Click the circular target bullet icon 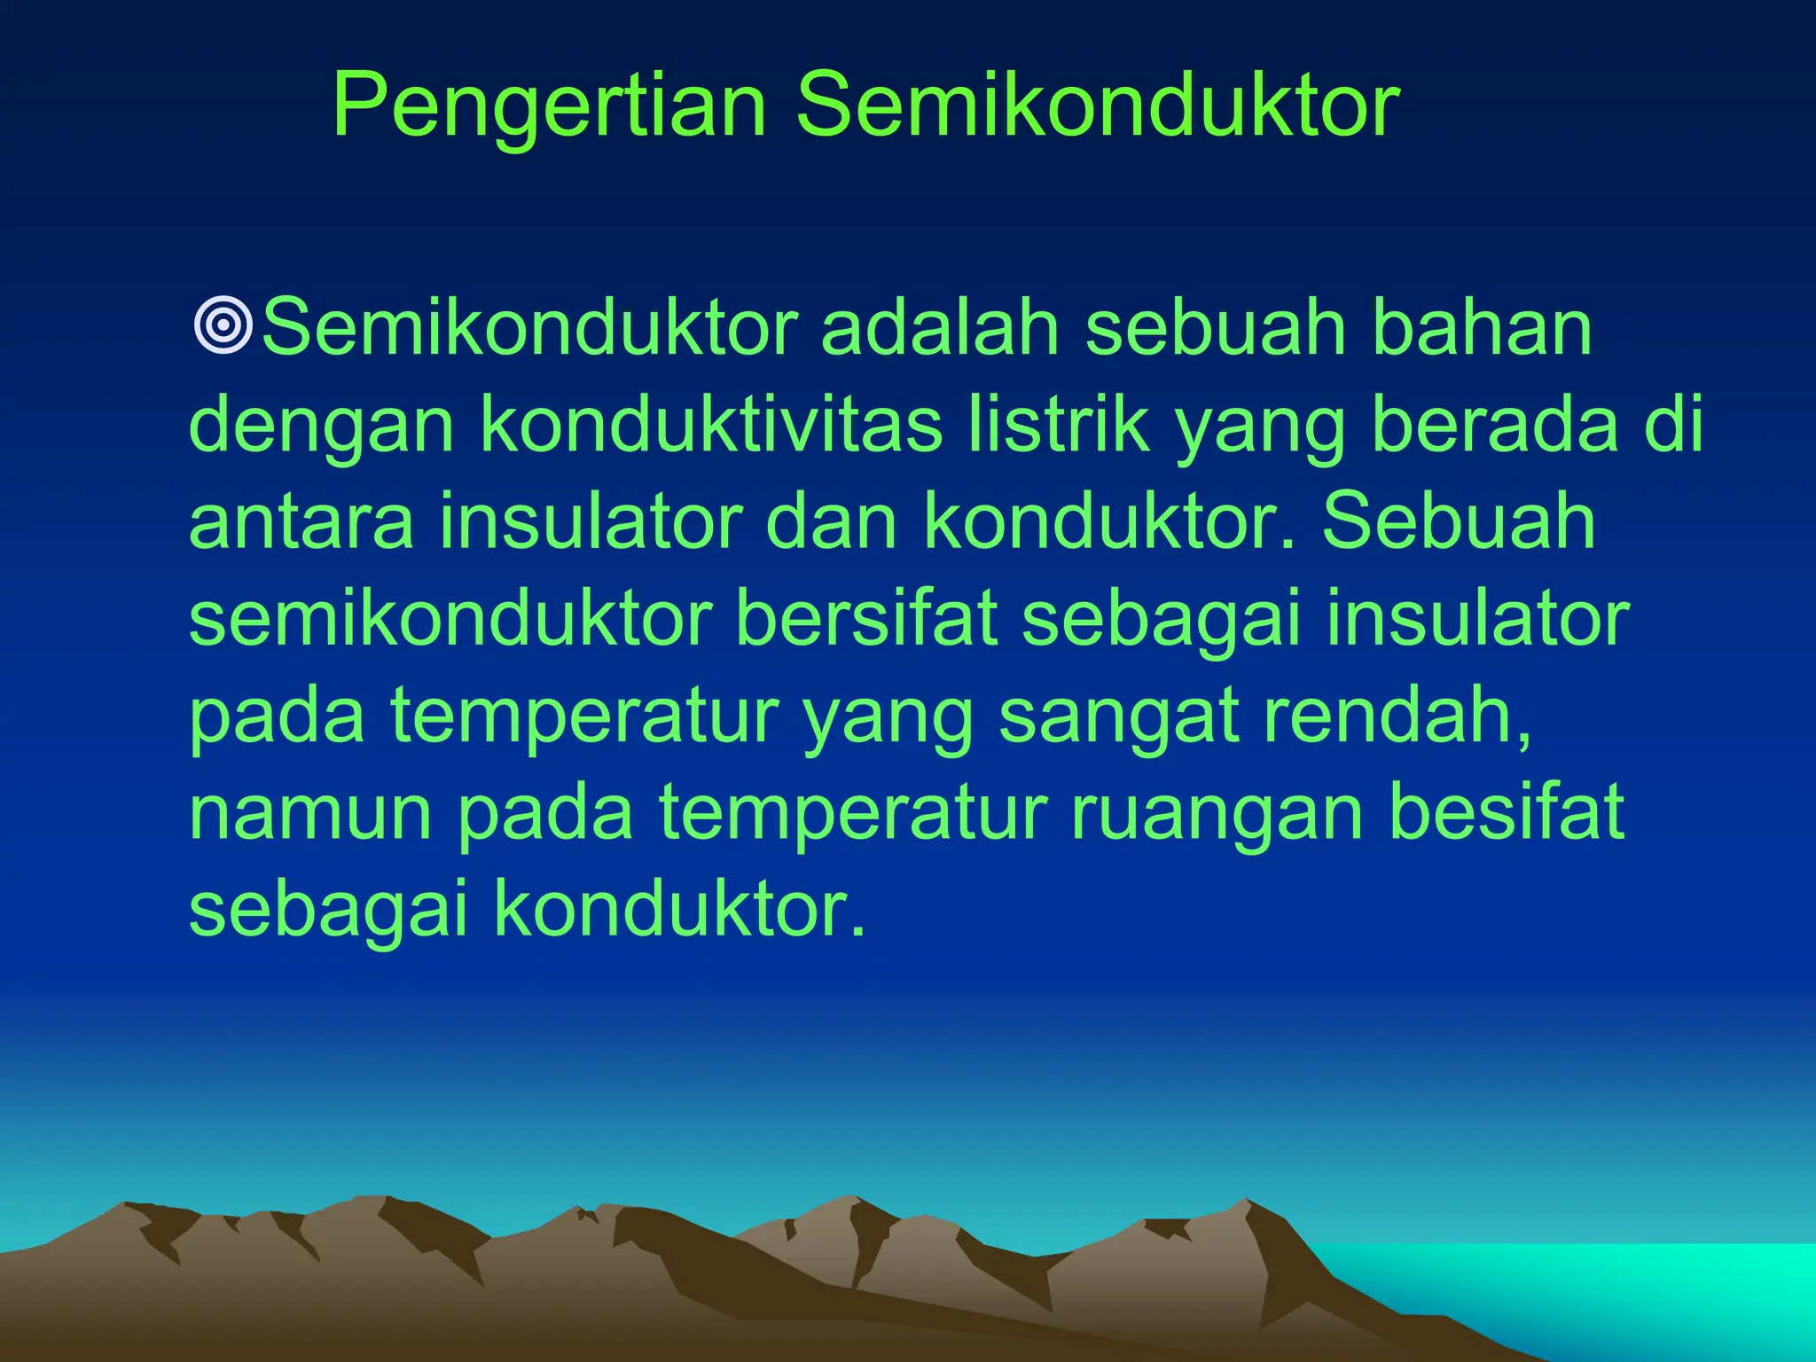tap(223, 325)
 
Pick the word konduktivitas tap(711, 426)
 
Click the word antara tap(301, 523)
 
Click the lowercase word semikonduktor tap(450, 618)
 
